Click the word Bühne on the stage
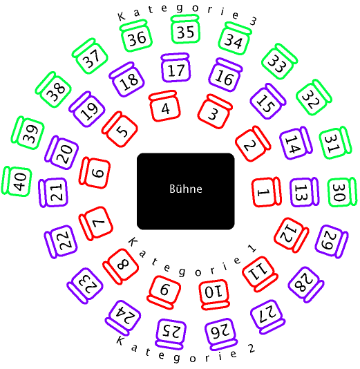coord(186,189)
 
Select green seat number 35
coord(185,30)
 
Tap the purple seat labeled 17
coord(176,68)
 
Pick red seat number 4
coord(164,106)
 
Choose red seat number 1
coord(266,192)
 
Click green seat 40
coord(17,181)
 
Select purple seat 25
coord(171,334)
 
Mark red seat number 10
coord(215,294)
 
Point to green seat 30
coord(343,192)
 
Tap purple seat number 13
coord(305,192)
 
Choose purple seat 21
coord(53,193)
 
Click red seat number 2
coord(253,144)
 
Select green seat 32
coord(314,97)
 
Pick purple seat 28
coord(306,285)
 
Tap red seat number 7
coord(96,224)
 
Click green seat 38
coord(53,90)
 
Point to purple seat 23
coord(85,285)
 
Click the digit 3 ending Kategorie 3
coord(253,21)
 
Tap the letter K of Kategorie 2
coord(120,340)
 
